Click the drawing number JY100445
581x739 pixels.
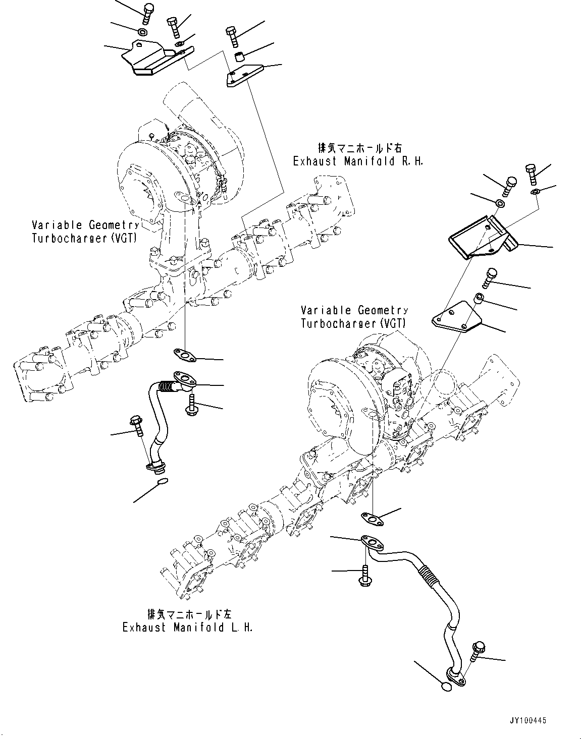[525, 721]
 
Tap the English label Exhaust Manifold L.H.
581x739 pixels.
[187, 627]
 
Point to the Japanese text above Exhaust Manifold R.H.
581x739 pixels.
[360, 148]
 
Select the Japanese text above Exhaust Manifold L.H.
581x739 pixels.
[189, 614]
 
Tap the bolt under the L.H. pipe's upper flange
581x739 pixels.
[365, 575]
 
